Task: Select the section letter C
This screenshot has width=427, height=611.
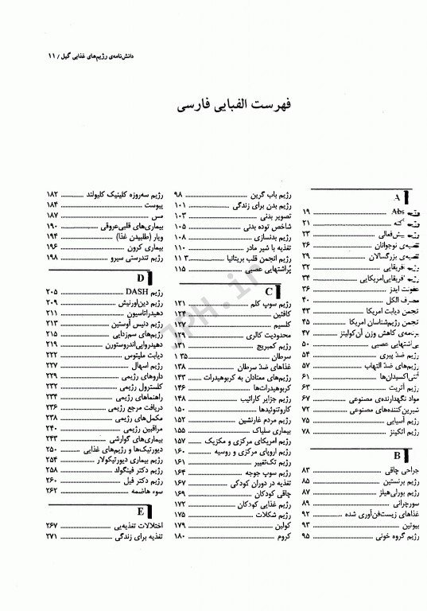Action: (x=270, y=291)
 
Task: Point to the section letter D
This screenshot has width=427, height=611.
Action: (x=140, y=278)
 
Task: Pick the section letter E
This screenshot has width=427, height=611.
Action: (x=140, y=512)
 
